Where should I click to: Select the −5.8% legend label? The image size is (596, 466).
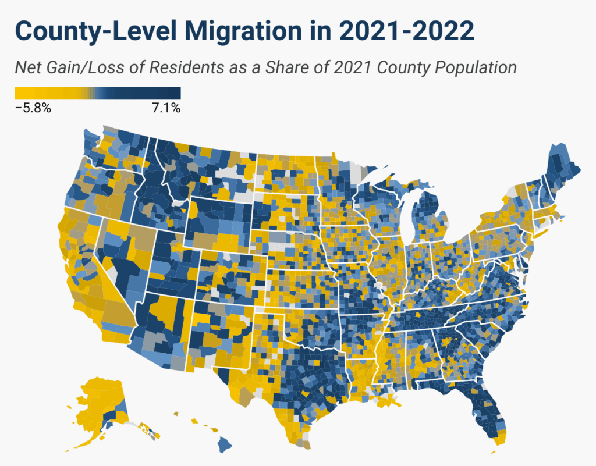[33, 108]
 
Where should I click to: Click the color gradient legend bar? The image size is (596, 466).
[97, 93]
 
